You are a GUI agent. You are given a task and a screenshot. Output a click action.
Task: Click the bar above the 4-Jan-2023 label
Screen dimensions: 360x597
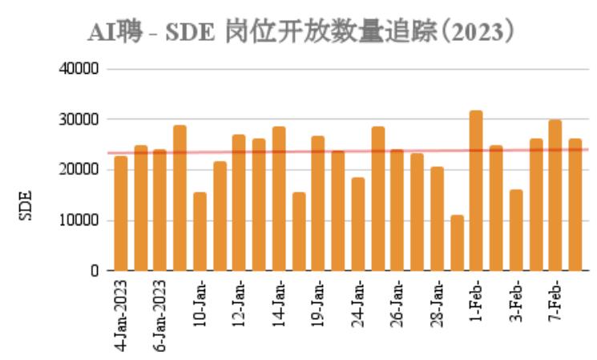[x=121, y=213]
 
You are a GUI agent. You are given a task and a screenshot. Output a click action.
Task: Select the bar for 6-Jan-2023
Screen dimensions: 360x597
[x=160, y=210]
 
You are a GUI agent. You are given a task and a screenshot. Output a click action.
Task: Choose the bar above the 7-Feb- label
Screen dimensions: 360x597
[x=554, y=196]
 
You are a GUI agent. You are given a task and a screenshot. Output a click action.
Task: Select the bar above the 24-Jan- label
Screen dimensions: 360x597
[x=357, y=224]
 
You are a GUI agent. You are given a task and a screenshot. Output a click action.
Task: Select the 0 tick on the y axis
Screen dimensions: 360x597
[x=94, y=271]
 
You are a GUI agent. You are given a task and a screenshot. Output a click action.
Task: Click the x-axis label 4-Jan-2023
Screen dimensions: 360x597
[x=121, y=314]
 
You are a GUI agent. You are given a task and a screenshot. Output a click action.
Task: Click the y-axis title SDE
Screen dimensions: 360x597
[x=25, y=205]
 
